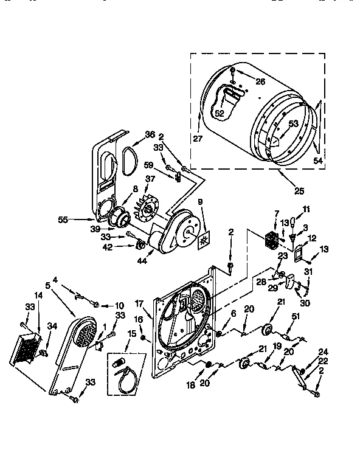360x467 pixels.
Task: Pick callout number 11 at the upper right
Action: (306, 209)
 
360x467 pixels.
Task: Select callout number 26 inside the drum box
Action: (260, 81)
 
